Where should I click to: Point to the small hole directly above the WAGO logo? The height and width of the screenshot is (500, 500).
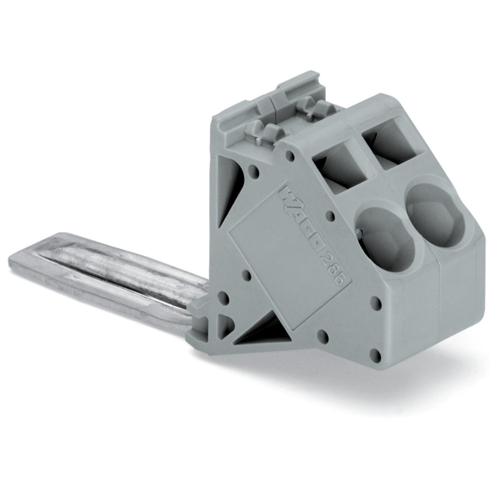point(288,156)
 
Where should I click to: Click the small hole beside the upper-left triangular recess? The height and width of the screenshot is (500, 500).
point(254,172)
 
